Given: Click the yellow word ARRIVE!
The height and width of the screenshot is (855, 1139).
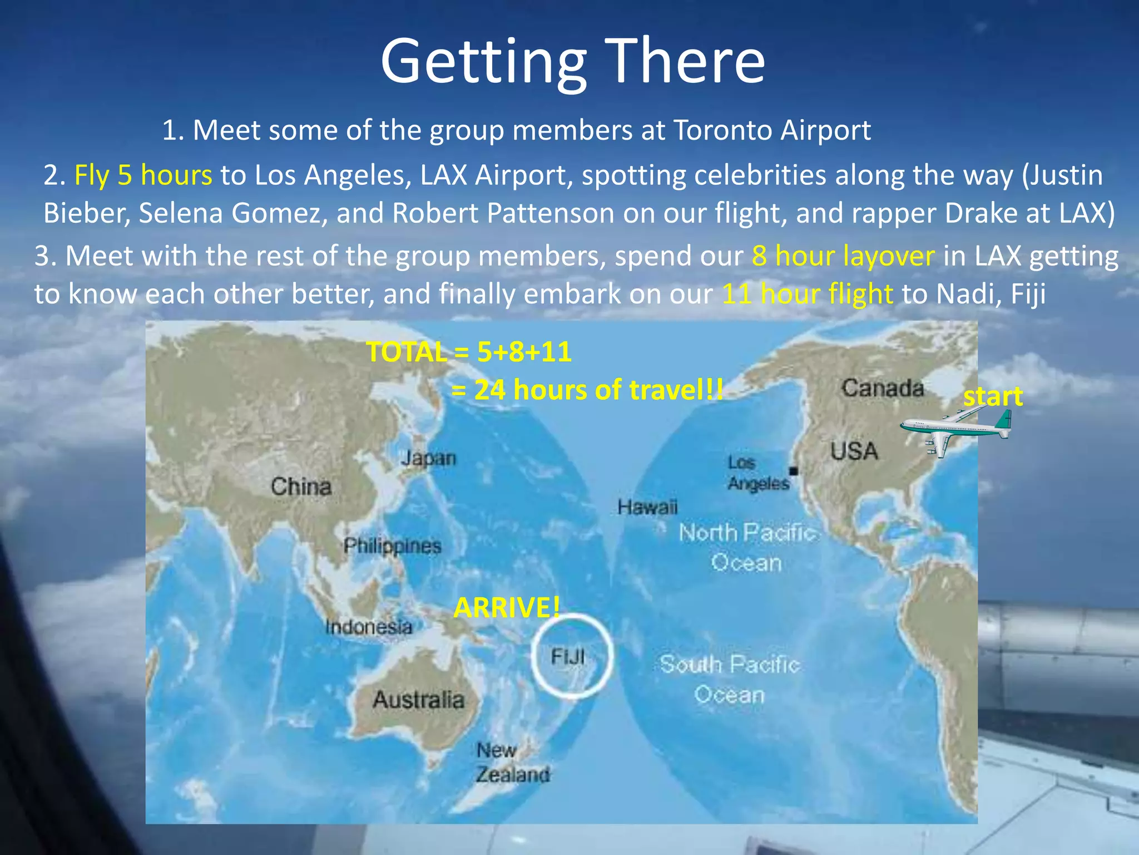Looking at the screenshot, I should coord(507,607).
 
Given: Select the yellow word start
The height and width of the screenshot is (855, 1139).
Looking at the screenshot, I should coord(993,396).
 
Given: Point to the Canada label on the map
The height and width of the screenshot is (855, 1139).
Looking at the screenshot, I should coord(882,388).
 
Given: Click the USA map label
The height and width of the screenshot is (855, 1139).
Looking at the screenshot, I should coord(854,451).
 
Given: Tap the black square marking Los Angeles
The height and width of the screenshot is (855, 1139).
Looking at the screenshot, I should coord(794,471).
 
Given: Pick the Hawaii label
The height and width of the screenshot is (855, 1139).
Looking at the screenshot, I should coord(647,507).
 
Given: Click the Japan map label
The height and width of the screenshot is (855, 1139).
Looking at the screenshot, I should coord(428,458).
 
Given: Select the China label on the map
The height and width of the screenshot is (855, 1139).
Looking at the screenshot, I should coord(301,487).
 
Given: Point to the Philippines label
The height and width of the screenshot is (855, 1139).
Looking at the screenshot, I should coord(392,546).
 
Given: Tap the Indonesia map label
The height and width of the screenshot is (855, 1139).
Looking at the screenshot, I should coord(369,627).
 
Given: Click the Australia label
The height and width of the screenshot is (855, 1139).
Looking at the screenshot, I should coord(418,700).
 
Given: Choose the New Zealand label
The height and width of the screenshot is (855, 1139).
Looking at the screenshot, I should coord(512,763).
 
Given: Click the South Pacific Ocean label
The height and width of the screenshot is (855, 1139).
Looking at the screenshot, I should coord(729,680).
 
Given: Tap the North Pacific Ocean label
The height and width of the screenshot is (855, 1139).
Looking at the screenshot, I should coord(747,548).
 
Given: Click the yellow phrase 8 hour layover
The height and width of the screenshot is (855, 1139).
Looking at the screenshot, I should coord(843,256).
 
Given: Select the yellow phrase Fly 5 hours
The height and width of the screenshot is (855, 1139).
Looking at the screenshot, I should coord(143,175).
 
